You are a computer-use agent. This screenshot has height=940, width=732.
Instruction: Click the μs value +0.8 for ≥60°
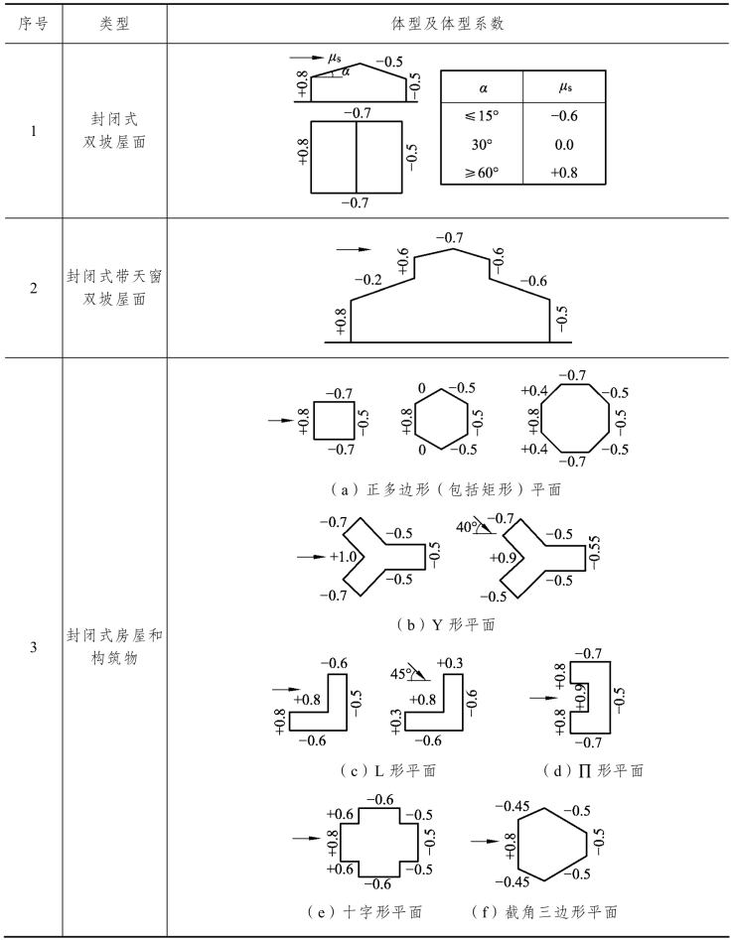[564, 172]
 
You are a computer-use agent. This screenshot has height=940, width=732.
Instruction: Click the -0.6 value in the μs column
[564, 115]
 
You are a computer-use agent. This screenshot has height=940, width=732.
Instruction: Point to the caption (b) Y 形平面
[445, 625]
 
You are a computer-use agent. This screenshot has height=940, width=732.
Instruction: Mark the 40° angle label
[465, 526]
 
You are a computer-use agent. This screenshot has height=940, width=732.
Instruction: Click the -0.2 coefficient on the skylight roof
[371, 281]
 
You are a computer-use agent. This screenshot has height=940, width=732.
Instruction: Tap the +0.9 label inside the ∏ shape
[582, 698]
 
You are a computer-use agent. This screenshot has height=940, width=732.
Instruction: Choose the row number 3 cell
[32, 647]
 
